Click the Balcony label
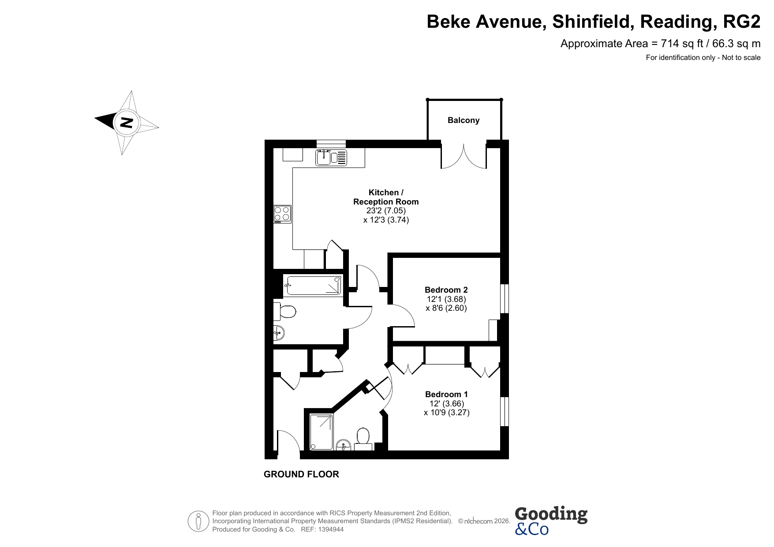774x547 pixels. tap(463, 120)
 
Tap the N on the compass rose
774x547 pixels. tap(127, 122)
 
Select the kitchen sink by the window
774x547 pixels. tap(331, 157)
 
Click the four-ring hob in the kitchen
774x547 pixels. tap(282, 213)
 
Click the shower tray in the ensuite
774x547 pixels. tap(322, 432)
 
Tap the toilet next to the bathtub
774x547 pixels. tap(285, 312)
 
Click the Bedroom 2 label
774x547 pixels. tap(446, 290)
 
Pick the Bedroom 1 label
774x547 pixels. tap(446, 394)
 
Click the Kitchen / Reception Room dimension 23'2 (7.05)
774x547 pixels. tap(386, 211)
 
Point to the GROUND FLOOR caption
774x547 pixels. tap(301, 474)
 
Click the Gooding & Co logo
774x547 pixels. tap(551, 521)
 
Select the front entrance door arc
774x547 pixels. tap(288, 441)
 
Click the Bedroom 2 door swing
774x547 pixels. tap(402, 315)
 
